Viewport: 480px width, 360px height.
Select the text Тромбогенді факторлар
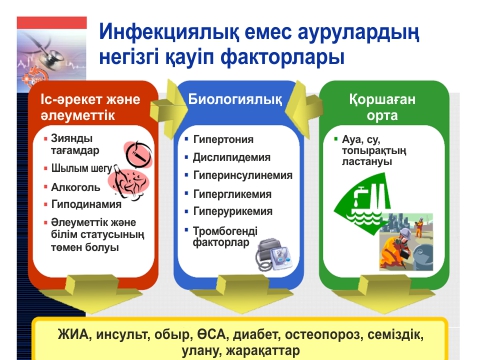226,235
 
